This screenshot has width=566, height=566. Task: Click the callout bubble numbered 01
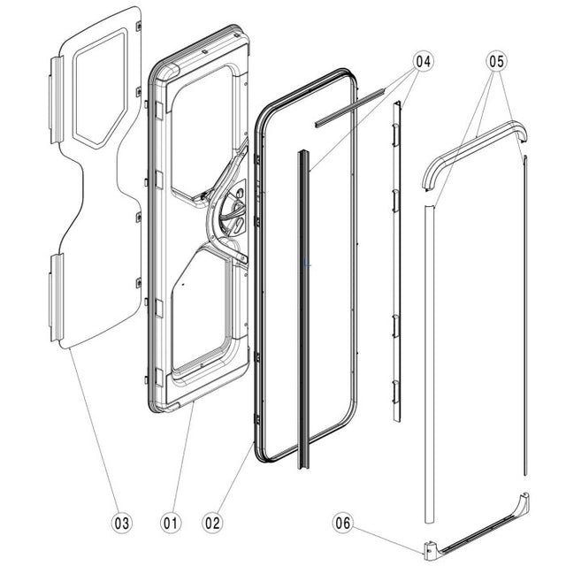pos(169,522)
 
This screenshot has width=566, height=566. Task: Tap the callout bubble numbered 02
pos(212,522)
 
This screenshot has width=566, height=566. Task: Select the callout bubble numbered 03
pos(123,522)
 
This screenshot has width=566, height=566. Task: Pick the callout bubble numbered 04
pos(423,62)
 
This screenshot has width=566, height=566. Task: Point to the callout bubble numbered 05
pos(497,62)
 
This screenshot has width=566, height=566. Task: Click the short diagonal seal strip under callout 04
pos(352,102)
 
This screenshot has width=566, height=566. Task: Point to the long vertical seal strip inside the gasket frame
pos(305,310)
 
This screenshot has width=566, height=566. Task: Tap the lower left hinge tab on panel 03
pos(55,296)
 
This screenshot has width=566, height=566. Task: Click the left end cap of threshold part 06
pos(432,551)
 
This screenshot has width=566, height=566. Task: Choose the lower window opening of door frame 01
pos(202,310)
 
